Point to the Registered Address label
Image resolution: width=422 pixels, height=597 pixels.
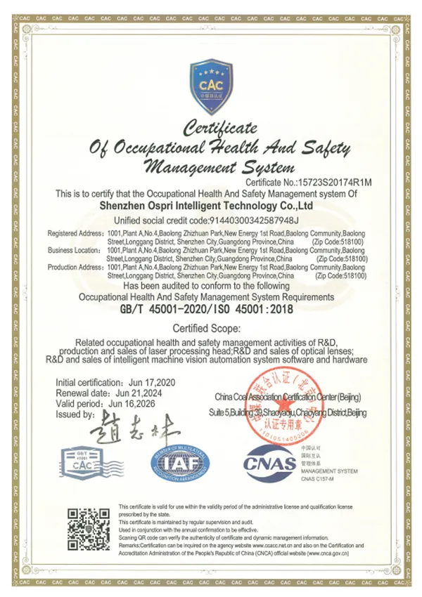coord(75,232)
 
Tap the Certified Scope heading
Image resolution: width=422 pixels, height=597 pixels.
coord(211,329)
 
